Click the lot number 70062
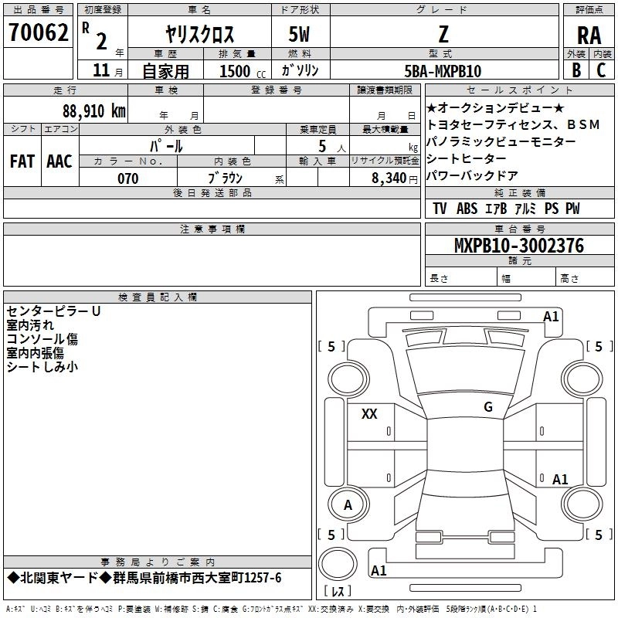point(38,32)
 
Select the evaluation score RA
point(589,35)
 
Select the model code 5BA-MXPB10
point(443,71)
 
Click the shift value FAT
point(22,161)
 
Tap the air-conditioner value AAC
point(59,161)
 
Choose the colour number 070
point(127,178)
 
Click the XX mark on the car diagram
point(369,414)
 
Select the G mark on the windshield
point(488,407)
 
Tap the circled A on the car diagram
point(348,505)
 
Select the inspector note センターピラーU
point(53,311)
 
